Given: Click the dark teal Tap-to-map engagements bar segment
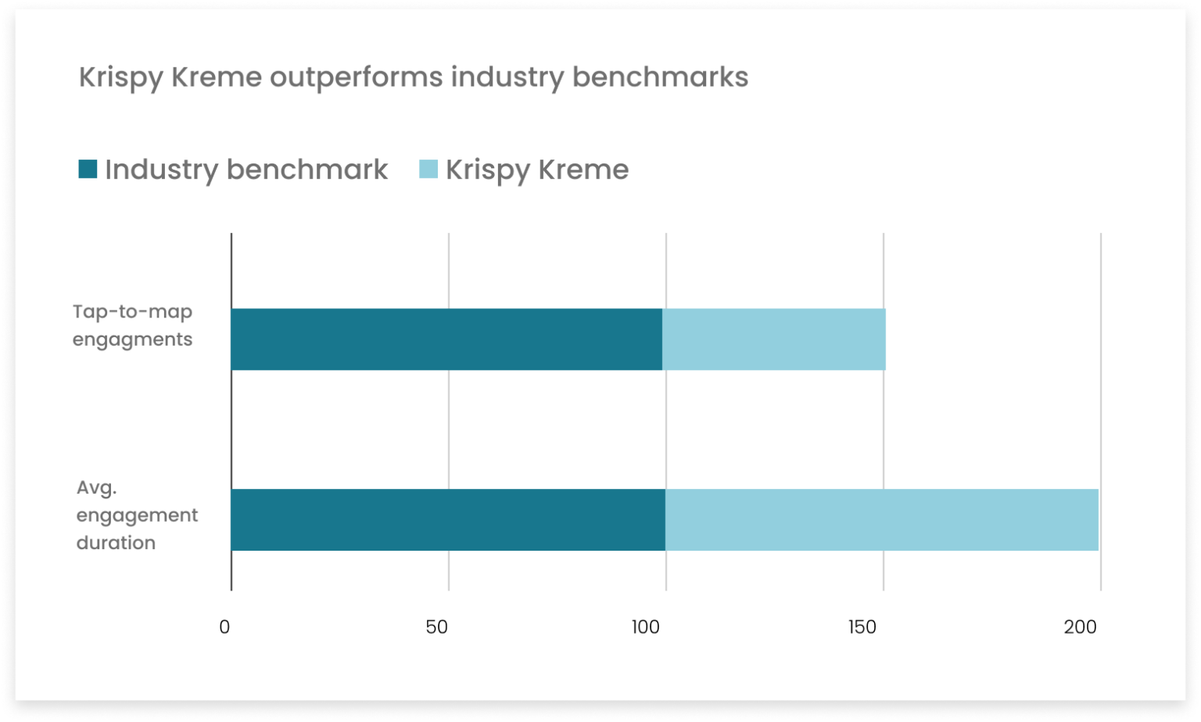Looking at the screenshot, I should coord(446,339).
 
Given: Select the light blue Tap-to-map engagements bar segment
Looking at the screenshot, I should coord(774,339).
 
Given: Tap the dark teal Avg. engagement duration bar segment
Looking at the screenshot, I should coord(448,519).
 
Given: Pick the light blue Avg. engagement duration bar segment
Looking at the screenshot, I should coord(882,519).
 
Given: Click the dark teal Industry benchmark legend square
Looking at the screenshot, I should coord(88,169).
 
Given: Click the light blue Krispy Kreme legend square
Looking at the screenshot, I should coord(428,169).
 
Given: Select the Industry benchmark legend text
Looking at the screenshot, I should coord(246,170).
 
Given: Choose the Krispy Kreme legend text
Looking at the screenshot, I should coord(537,170).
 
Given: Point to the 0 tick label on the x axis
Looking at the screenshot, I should coord(225,627).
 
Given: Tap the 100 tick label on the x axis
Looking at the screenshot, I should coord(651,627).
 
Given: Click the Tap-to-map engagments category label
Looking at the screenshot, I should coord(133,325).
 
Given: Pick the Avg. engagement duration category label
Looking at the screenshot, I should coord(138,515).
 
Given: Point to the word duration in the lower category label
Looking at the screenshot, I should coord(116,543).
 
